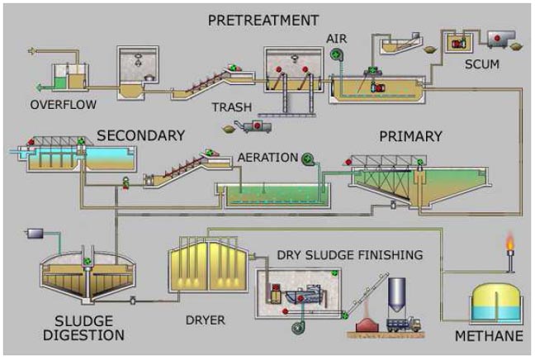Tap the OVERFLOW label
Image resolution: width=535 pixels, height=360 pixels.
pyautogui.click(x=63, y=105)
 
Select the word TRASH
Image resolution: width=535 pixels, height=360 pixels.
pyautogui.click(x=231, y=107)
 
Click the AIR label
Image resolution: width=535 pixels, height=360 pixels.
pyautogui.click(x=336, y=38)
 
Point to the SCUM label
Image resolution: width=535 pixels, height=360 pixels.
pyautogui.click(x=483, y=64)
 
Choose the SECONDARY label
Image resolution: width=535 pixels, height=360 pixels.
pyautogui.click(x=140, y=135)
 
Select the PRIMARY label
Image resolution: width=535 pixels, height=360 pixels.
pyautogui.click(x=410, y=136)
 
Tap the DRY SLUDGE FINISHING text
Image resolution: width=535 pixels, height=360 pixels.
pyautogui.click(x=349, y=254)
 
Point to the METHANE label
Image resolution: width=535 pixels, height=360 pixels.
pyautogui.click(x=489, y=336)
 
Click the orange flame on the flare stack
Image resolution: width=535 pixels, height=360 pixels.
pyautogui.click(x=510, y=241)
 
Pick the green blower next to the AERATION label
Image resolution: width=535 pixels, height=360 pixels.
pyautogui.click(x=308, y=158)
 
